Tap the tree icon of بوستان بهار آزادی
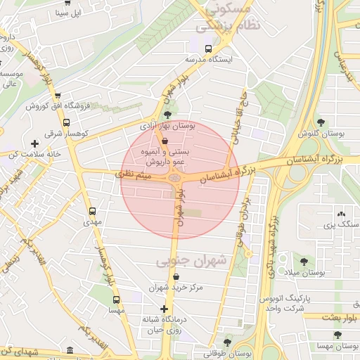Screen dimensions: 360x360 167,115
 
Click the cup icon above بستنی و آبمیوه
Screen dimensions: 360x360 165,141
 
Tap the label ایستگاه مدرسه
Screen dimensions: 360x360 208,60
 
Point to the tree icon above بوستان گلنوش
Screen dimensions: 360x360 321,122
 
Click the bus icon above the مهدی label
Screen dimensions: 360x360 92,211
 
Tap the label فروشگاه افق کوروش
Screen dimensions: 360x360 58,106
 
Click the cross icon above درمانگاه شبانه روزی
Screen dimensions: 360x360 164,309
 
